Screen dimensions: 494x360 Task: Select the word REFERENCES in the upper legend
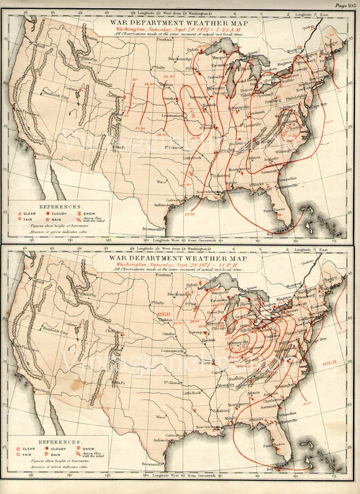tap(60, 207)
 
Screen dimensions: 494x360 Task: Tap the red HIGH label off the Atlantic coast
tap(328, 363)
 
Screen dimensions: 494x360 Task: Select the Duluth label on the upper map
tap(194, 47)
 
